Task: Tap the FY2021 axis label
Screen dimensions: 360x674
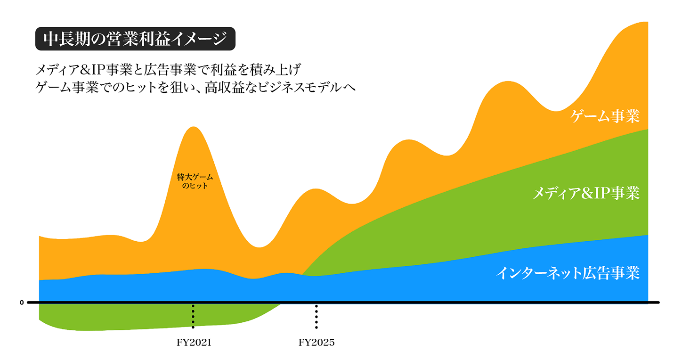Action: tap(194, 343)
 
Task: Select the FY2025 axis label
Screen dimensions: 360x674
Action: tap(317, 343)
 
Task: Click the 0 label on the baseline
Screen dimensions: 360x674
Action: tap(22, 303)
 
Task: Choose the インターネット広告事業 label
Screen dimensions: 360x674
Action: tap(568, 273)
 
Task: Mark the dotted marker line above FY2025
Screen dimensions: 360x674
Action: tap(317, 317)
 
